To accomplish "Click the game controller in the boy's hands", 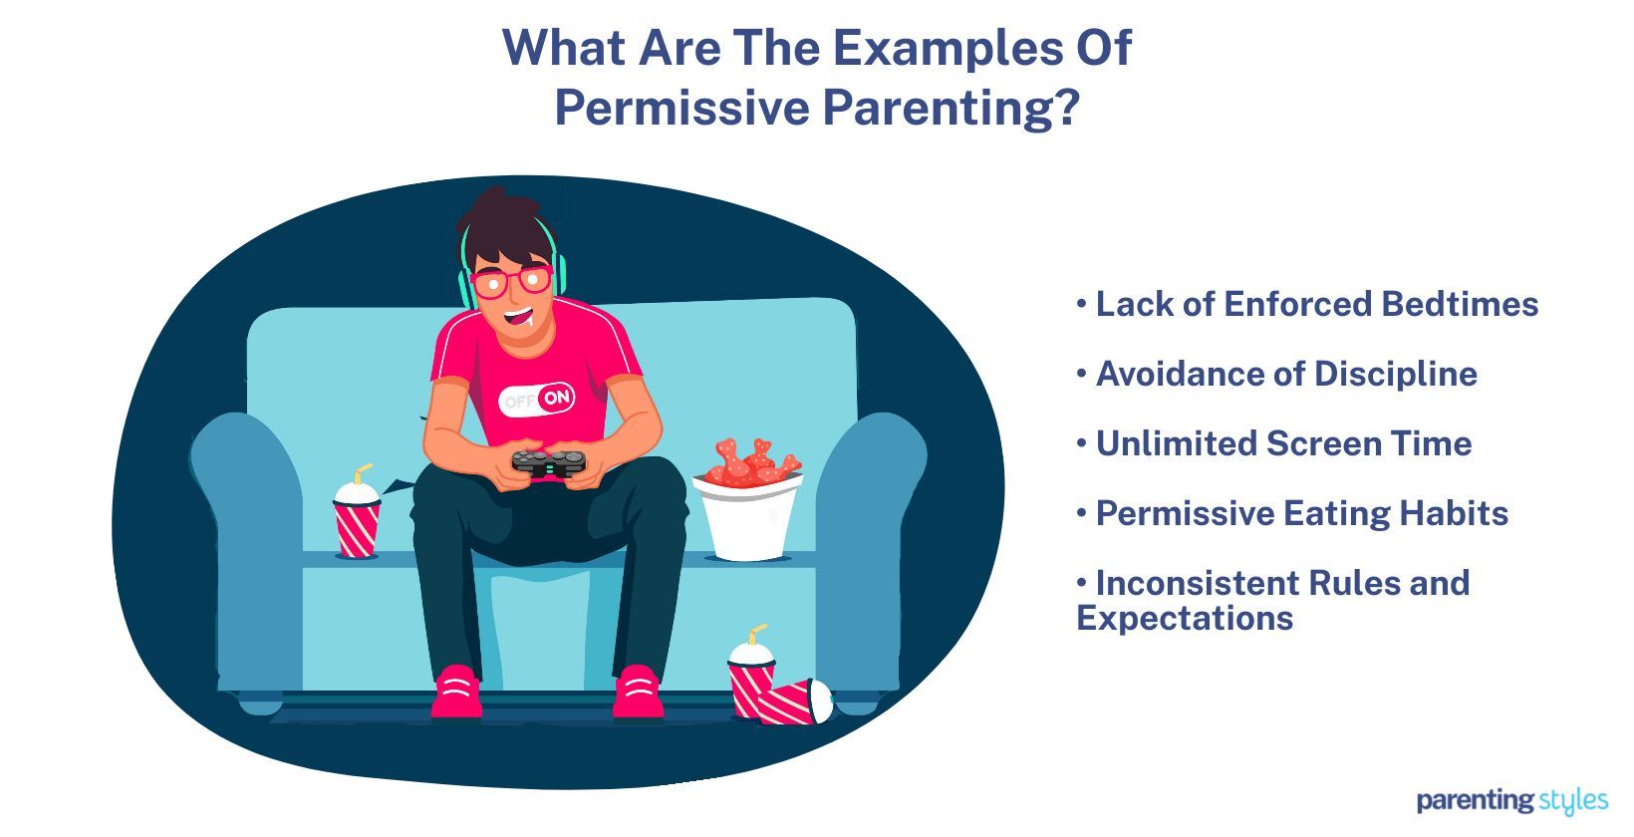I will click(548, 463).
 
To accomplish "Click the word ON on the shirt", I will click(558, 399).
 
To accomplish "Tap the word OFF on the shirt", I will click(519, 402).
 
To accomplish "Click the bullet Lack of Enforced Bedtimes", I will click(1307, 304).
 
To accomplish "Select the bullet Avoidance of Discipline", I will click(1276, 374).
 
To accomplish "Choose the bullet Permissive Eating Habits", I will click(1292, 513).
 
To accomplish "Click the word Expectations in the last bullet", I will click(1185, 618).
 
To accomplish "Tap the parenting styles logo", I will click(1511, 799).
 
